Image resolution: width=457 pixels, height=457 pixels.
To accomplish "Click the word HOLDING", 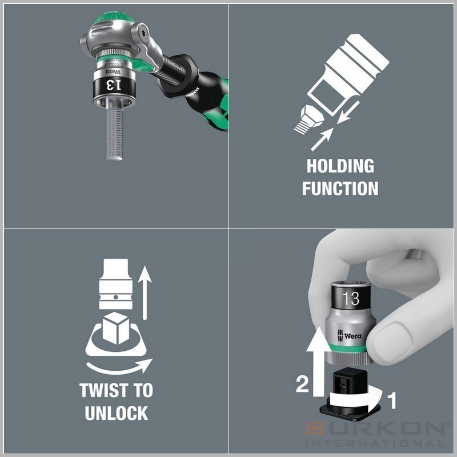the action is pyautogui.click(x=340, y=166).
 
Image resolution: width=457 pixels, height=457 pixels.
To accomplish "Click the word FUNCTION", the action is pyautogui.click(x=340, y=189).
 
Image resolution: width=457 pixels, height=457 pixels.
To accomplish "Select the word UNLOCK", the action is pyautogui.click(x=117, y=413).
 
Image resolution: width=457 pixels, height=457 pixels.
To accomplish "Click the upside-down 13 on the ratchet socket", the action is pyautogui.click(x=113, y=85).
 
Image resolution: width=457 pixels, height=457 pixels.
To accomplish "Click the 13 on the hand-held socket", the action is pyautogui.click(x=351, y=298).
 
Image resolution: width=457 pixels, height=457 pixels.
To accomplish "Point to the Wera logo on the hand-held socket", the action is pyautogui.click(x=349, y=335).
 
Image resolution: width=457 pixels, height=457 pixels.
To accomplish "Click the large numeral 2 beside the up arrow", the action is pyautogui.click(x=302, y=384).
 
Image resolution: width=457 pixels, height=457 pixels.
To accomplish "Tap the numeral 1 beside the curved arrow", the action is pyautogui.click(x=393, y=400).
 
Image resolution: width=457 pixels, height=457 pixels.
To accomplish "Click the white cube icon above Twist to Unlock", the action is pyautogui.click(x=116, y=328).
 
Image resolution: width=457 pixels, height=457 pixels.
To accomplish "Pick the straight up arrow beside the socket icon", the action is pyautogui.click(x=145, y=293).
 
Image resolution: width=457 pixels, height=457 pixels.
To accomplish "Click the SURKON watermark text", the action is pyautogui.click(x=376, y=429).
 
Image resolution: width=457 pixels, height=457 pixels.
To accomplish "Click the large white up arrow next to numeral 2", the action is pyautogui.click(x=319, y=362).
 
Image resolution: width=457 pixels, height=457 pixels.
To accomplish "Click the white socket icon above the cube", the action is pyautogui.click(x=116, y=283).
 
